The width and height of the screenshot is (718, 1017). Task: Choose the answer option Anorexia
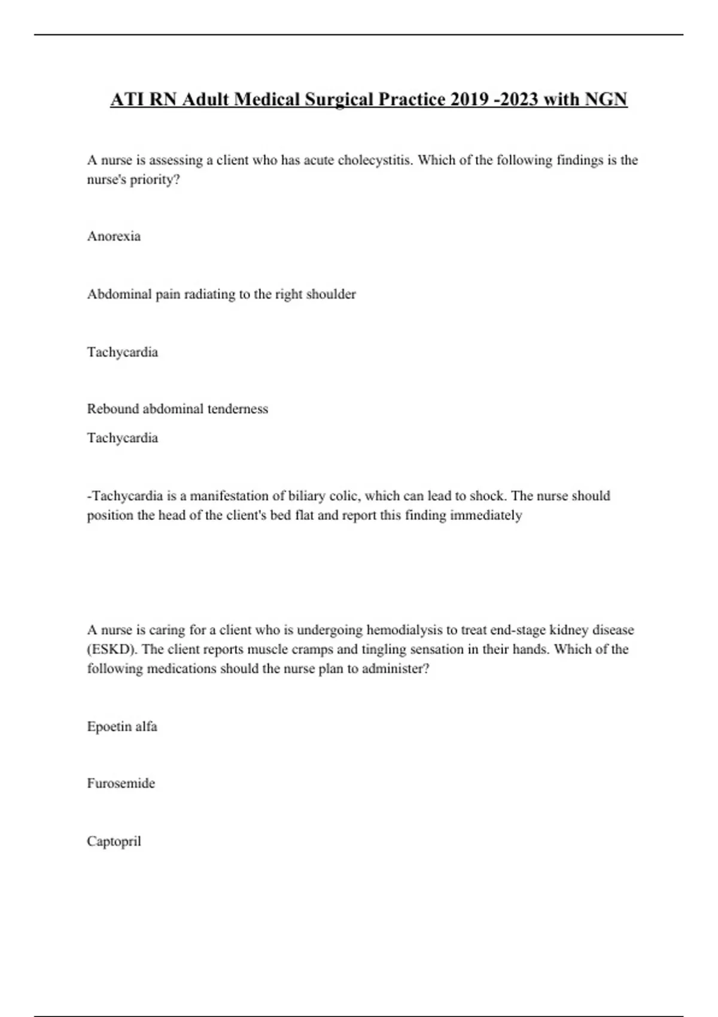pos(114,236)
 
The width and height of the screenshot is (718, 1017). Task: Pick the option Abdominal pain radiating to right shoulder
pos(221,294)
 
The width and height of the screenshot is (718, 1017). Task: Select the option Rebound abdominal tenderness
pos(177,409)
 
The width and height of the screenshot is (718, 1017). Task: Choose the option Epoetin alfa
pos(122,727)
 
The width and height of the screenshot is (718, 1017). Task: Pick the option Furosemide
pos(121,784)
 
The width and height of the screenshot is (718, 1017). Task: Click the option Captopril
pos(114,842)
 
